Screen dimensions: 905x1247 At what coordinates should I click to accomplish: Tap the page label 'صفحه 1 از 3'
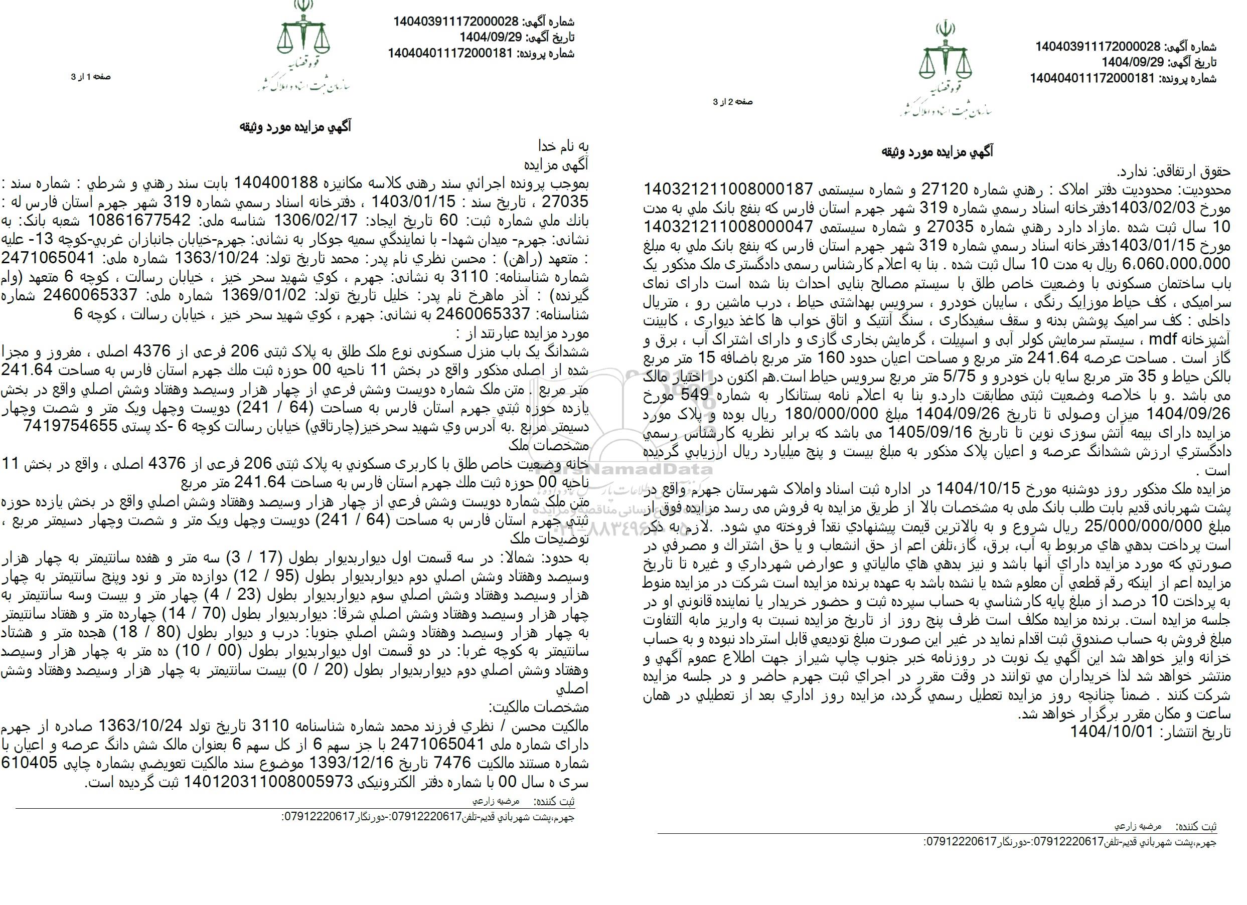coord(91,77)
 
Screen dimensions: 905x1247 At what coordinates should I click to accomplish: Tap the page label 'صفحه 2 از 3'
coord(733,102)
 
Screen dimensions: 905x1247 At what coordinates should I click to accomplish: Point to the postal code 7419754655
coord(70,426)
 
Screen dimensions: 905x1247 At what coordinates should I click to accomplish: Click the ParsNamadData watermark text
coord(622,470)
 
